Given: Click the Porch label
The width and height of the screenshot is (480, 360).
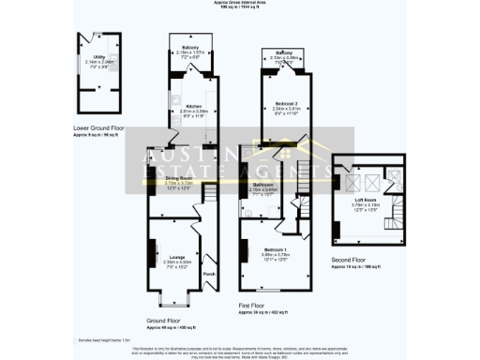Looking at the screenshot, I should pos(208,274).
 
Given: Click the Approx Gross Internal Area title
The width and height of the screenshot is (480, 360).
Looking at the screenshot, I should pos(239,4).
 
